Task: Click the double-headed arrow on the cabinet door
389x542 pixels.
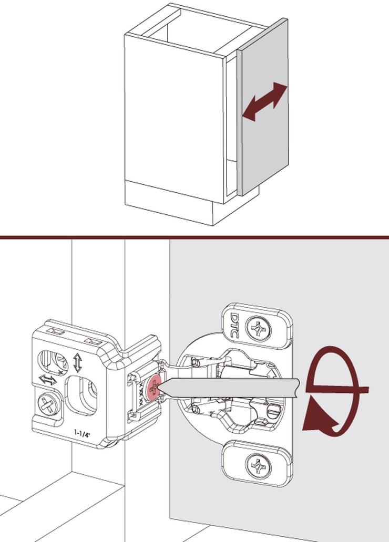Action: tap(265, 102)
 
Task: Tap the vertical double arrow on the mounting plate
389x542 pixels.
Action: tap(78, 363)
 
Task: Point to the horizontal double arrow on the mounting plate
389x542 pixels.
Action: tap(48, 379)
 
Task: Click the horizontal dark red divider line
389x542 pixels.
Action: tap(194, 237)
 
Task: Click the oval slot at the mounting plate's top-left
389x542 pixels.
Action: tap(52, 362)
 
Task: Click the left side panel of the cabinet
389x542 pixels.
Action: tap(173, 116)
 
